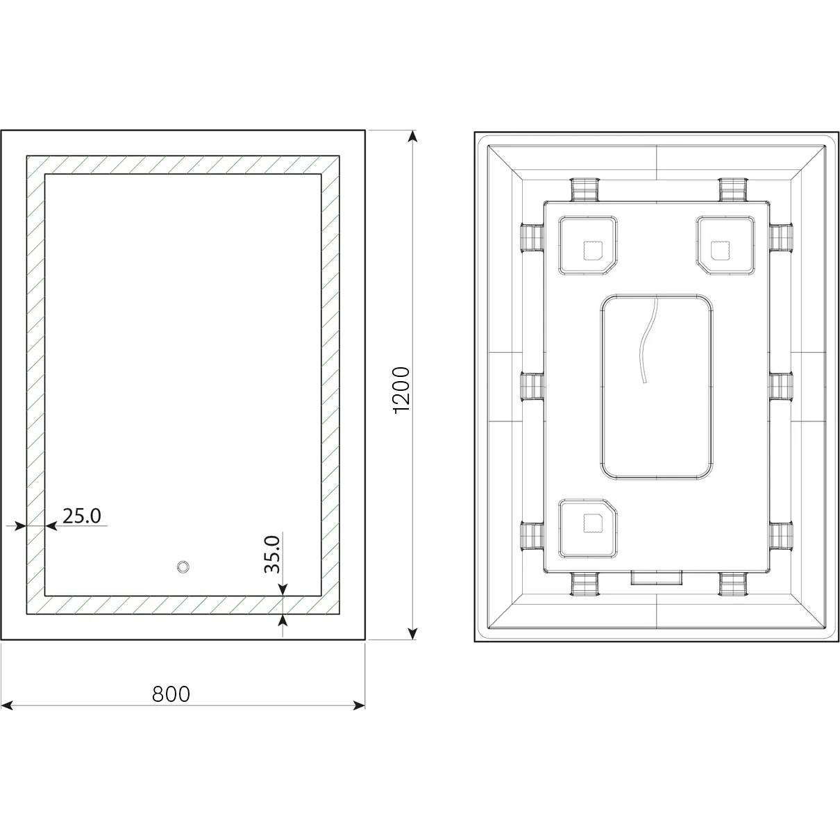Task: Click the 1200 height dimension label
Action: click(x=401, y=390)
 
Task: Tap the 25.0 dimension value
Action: click(x=82, y=516)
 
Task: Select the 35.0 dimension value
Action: click(x=272, y=555)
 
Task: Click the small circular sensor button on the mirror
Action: click(x=183, y=567)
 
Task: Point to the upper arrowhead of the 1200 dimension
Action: click(x=412, y=137)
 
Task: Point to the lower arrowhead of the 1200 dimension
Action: click(x=412, y=633)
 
